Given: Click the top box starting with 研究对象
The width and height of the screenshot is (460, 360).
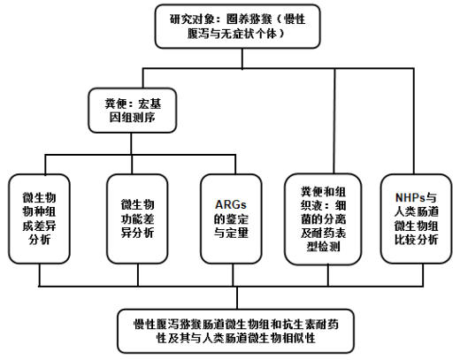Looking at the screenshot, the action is [238, 27].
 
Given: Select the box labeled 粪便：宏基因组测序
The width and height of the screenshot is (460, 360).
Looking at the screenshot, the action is [133, 111].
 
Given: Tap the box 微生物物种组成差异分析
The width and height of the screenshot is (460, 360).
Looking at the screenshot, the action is [39, 218].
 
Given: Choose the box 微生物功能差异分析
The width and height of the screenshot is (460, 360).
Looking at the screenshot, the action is [137, 218].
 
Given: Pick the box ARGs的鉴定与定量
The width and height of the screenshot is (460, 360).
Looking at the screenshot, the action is [231, 218].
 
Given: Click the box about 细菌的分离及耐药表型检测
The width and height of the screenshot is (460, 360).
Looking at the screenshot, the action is [323, 219].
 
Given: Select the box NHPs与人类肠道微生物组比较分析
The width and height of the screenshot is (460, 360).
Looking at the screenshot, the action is [416, 218].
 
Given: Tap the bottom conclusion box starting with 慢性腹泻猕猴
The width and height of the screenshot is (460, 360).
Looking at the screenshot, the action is [236, 331].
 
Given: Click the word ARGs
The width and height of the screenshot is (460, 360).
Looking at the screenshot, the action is [231, 204].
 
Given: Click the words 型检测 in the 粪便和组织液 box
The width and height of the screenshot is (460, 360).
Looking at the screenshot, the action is [323, 247].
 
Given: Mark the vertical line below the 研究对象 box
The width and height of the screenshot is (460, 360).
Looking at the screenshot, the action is [242, 58].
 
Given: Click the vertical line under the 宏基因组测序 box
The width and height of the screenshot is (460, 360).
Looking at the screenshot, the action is [131, 143].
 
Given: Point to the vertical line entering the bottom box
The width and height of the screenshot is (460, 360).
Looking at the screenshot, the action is [237, 297].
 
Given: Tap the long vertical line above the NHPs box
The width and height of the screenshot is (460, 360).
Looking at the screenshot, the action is [414, 121].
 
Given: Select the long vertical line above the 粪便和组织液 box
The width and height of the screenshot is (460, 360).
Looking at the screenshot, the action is [334, 121].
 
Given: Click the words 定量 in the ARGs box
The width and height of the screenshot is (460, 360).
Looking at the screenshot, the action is [237, 233].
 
